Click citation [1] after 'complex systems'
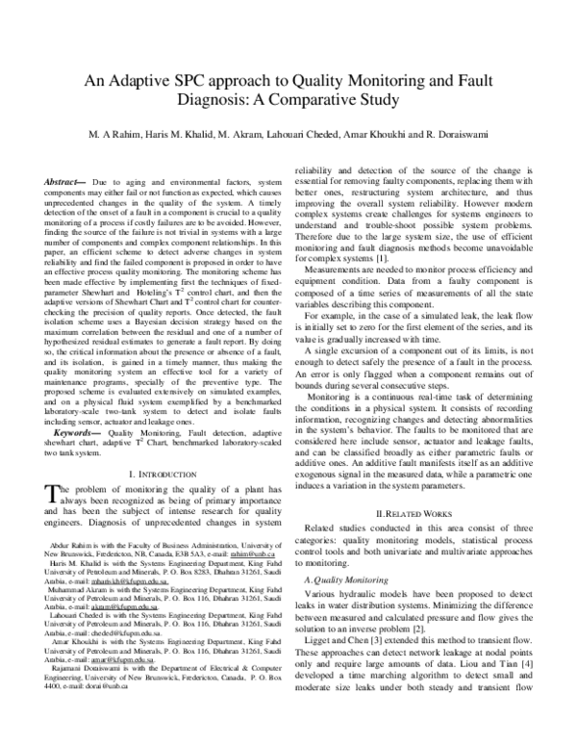382,231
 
